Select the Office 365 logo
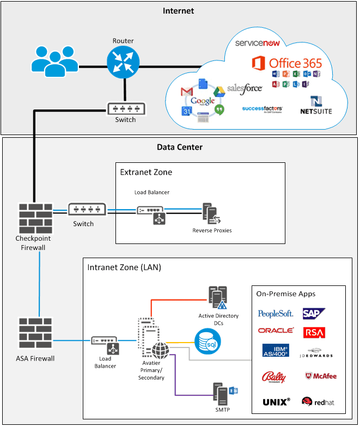click(287, 63)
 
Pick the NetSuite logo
click(316, 105)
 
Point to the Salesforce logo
click(245, 88)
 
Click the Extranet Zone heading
click(146, 172)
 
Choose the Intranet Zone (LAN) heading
click(124, 267)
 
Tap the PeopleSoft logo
click(276, 314)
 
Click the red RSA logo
click(314, 332)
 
